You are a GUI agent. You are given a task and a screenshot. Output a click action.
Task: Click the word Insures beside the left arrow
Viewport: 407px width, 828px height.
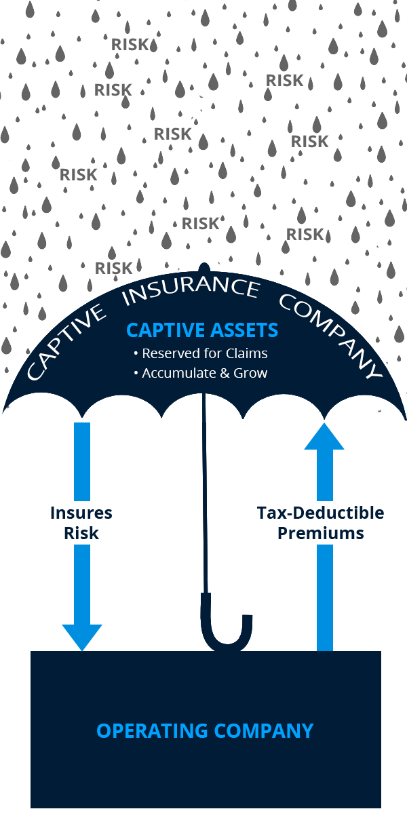click(81, 513)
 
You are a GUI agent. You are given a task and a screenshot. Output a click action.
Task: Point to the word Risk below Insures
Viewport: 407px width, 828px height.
click(81, 533)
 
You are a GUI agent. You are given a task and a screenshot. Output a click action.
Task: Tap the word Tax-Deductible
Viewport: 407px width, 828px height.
click(320, 513)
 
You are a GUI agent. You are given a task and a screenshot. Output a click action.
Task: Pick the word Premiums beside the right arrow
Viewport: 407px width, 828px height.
click(320, 533)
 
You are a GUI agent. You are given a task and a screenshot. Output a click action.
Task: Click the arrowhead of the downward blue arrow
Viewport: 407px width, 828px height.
click(82, 636)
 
